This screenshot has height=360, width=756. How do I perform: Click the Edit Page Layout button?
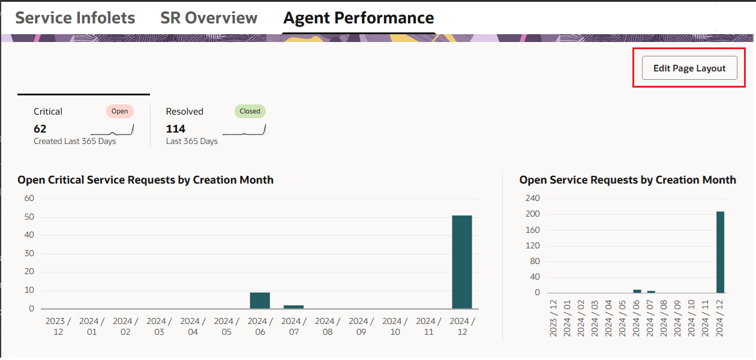pos(689,68)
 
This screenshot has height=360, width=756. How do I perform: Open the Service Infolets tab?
pos(75,18)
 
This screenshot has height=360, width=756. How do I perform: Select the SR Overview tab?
pos(209,18)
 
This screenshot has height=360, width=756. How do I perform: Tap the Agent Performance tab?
pos(358,18)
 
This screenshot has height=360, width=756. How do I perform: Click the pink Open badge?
pos(120,111)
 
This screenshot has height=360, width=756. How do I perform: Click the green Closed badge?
pos(250,111)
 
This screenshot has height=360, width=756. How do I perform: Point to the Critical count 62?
pos(40,129)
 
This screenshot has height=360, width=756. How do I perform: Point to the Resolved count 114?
pos(176,129)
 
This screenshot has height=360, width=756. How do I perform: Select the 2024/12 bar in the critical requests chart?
pos(462,262)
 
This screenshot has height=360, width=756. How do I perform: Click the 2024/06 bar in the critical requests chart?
pos(260,301)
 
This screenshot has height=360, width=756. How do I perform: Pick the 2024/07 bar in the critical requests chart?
pos(293,307)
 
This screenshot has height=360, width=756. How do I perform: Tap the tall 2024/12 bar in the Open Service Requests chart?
pos(720,252)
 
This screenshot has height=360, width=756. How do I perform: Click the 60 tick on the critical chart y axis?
pos(29,199)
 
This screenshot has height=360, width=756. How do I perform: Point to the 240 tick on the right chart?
pos(533,199)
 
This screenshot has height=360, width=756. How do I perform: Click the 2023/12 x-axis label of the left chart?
pos(58,326)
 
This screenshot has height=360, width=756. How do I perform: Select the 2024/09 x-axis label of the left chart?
pos(361,326)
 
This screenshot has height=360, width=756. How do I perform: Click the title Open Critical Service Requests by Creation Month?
pos(146,180)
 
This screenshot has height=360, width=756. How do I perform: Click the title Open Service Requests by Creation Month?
pos(628,180)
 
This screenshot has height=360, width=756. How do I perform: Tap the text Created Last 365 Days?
pos(75,142)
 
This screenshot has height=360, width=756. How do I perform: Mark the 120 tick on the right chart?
pos(533,246)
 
